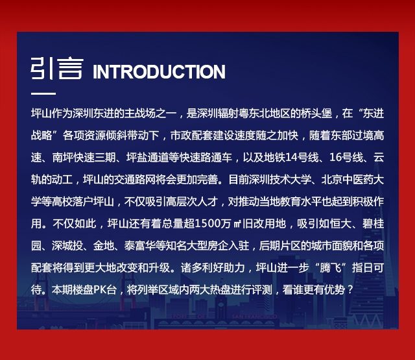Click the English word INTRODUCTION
click(x=159, y=71)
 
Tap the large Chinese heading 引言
click(x=57, y=68)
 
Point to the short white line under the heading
click(x=43, y=93)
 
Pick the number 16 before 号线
click(x=335, y=158)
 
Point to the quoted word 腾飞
click(x=330, y=268)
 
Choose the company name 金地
click(x=104, y=246)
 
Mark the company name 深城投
click(x=67, y=246)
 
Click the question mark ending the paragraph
click(x=350, y=290)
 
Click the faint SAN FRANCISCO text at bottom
click(x=254, y=317)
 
